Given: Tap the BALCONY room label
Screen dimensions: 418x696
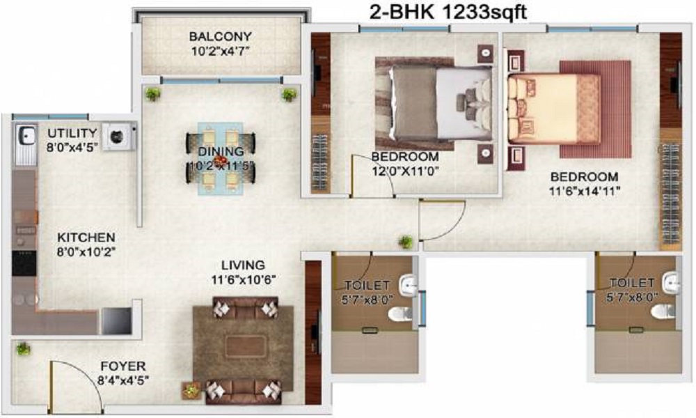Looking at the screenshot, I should [220, 36].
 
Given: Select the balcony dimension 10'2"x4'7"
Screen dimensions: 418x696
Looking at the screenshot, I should [220, 50].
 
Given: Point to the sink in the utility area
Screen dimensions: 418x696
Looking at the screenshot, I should [26, 136].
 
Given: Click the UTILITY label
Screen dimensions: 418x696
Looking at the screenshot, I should [72, 132].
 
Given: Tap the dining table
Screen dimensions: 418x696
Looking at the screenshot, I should [220, 159].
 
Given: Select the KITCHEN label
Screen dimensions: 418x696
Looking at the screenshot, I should [86, 238].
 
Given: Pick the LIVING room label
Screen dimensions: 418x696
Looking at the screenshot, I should [243, 265].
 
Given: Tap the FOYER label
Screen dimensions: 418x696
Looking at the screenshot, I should [122, 366].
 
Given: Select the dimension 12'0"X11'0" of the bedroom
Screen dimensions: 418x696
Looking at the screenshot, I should [404, 169].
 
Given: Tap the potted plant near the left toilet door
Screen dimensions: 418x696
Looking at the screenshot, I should [406, 242].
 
